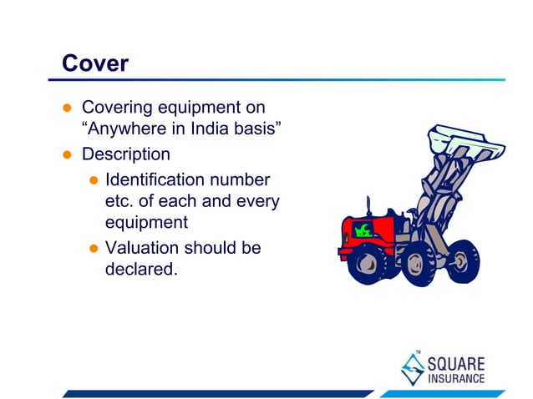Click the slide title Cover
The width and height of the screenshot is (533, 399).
(x=95, y=63)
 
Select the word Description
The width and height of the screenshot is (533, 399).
(x=125, y=154)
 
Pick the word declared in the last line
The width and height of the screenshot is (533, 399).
(x=141, y=271)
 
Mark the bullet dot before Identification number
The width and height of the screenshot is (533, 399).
(x=94, y=179)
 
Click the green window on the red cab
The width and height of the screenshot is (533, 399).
(x=363, y=229)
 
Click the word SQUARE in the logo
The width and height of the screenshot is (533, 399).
(x=456, y=364)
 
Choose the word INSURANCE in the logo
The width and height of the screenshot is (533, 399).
(x=456, y=378)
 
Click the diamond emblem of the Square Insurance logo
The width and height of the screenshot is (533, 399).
(x=411, y=368)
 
